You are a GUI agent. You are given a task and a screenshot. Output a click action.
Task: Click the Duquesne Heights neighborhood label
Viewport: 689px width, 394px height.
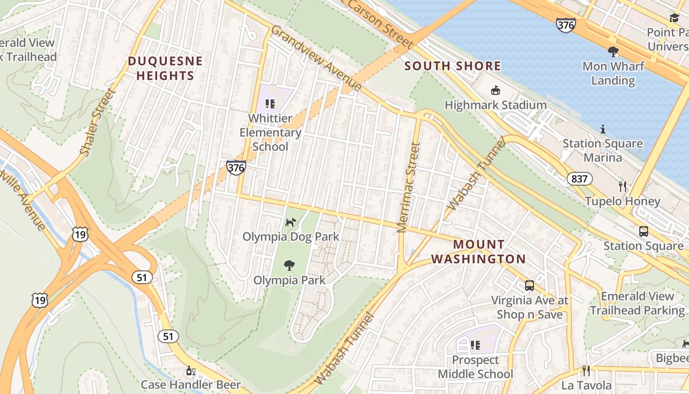pyautogui.click(x=165, y=68)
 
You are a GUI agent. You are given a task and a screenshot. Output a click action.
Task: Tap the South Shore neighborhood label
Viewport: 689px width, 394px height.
pyautogui.click(x=452, y=66)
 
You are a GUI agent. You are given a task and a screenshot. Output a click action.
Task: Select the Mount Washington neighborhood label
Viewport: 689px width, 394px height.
pyautogui.click(x=478, y=252)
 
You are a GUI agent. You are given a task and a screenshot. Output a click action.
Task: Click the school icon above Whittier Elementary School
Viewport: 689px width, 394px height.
pyautogui.click(x=270, y=103)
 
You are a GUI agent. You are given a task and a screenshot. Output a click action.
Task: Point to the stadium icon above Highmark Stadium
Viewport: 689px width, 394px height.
pyautogui.click(x=495, y=91)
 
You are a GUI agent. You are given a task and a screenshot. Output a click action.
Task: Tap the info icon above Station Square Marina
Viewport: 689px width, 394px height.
pyautogui.click(x=602, y=129)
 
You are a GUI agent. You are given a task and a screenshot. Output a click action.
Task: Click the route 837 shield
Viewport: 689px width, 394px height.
pyautogui.click(x=579, y=178)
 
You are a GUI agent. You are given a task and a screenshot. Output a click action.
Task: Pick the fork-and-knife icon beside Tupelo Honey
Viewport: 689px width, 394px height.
pyautogui.click(x=623, y=186)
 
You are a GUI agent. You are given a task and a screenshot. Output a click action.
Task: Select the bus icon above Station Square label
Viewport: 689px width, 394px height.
pyautogui.click(x=643, y=231)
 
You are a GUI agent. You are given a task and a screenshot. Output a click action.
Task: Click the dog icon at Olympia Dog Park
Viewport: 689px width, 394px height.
pyautogui.click(x=291, y=222)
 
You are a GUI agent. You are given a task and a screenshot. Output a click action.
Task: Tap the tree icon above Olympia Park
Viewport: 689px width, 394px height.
pyautogui.click(x=289, y=265)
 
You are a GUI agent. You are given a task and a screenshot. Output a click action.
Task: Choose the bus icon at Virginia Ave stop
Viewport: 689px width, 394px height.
pyautogui.click(x=530, y=285)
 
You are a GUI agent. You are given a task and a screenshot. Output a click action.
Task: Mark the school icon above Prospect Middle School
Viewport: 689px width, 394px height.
pyautogui.click(x=475, y=345)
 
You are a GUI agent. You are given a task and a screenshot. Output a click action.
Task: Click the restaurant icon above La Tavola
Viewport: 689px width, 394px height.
pyautogui.click(x=586, y=370)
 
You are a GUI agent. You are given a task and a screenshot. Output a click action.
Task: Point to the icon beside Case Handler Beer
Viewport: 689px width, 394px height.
pyautogui.click(x=189, y=370)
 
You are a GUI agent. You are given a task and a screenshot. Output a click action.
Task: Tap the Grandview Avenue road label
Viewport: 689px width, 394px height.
pyautogui.click(x=316, y=58)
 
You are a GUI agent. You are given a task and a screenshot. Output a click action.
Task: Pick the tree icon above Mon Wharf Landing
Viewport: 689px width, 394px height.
pyautogui.click(x=613, y=51)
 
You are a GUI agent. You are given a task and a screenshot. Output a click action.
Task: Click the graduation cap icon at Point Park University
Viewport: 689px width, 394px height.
pyautogui.click(x=674, y=18)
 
